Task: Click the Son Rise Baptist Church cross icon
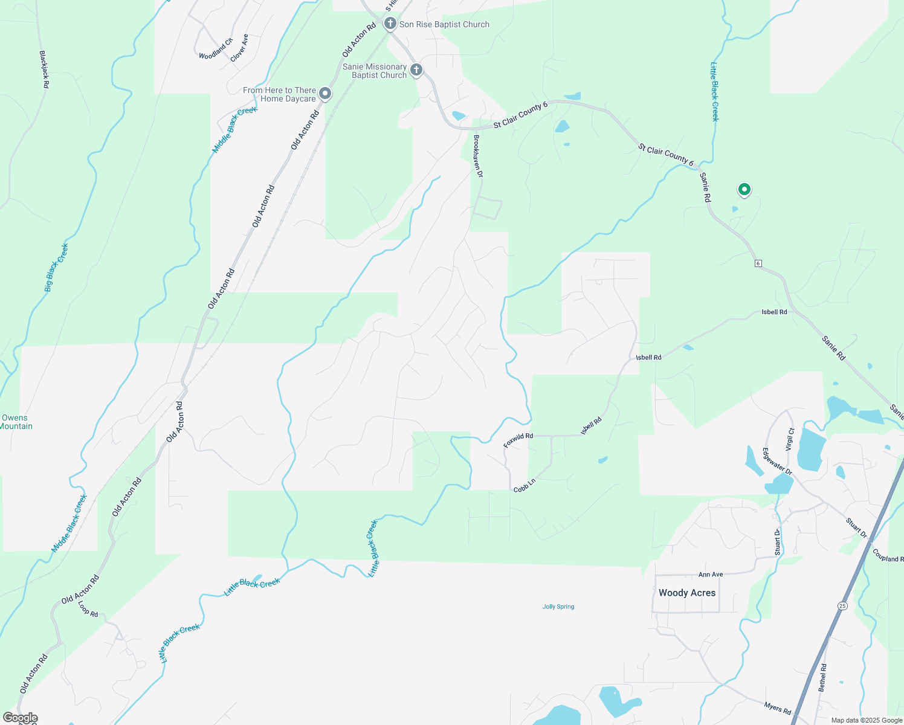[x=390, y=24]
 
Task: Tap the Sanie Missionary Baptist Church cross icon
[x=416, y=71]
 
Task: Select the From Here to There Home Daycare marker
[x=325, y=94]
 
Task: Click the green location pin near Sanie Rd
[x=744, y=190]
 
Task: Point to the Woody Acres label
[x=687, y=593]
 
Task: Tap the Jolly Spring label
[x=558, y=607]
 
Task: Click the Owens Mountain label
[x=16, y=422]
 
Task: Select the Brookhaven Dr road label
[x=478, y=156]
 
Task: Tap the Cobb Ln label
[x=525, y=485]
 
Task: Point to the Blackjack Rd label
[x=44, y=69]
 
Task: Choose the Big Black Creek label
[x=57, y=268]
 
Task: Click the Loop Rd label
[x=88, y=608]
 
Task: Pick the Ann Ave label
[x=711, y=575]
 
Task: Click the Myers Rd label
[x=777, y=708]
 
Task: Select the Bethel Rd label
[x=822, y=678]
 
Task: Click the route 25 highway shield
[x=842, y=605]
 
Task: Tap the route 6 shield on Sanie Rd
[x=758, y=263]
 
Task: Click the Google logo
[x=20, y=718]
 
